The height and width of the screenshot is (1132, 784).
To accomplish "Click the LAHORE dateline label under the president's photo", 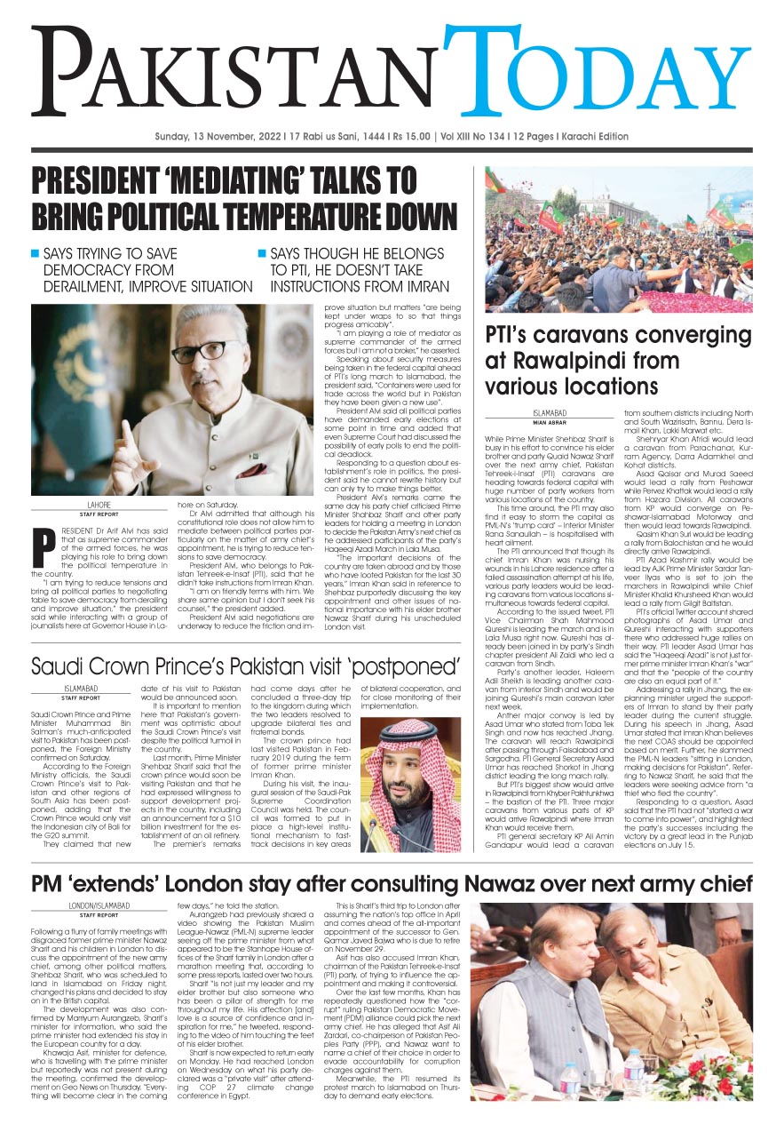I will (x=74, y=505).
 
